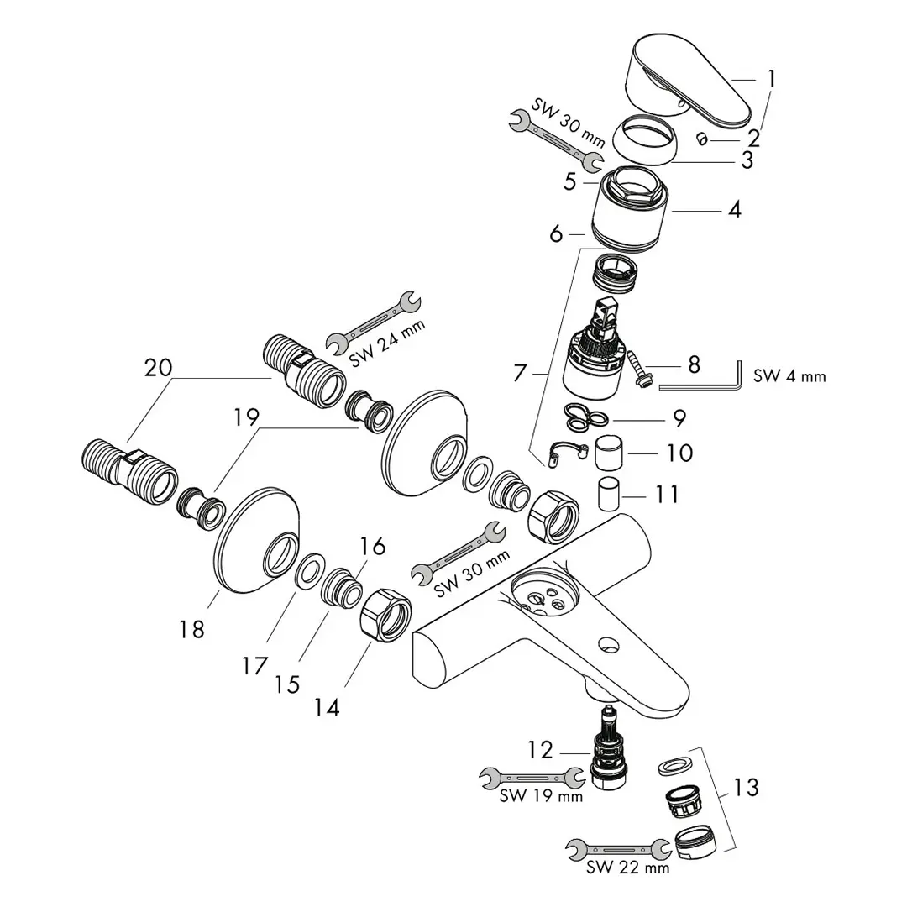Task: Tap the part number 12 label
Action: (x=542, y=749)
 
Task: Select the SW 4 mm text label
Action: (x=789, y=376)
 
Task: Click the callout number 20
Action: (x=158, y=368)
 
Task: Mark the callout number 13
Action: (x=745, y=788)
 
